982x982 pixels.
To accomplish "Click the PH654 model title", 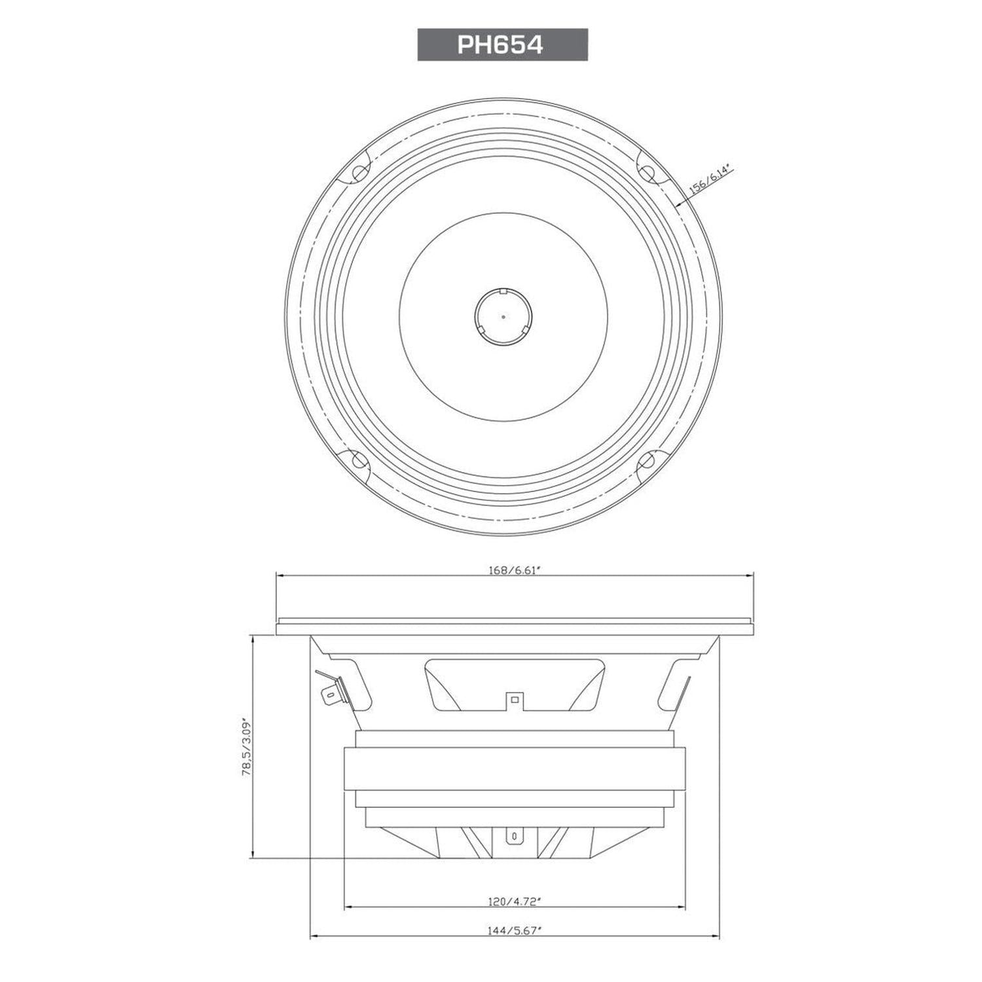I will tap(502, 45).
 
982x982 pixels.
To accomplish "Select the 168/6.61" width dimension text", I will tap(514, 570).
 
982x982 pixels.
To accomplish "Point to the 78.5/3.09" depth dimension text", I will tap(247, 746).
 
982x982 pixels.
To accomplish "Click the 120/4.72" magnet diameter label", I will tap(514, 901).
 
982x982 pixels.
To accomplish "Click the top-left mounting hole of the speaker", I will tap(359, 173).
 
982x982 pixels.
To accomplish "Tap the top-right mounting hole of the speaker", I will tap(646, 173).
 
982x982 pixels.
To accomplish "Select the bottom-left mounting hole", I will tap(359, 460).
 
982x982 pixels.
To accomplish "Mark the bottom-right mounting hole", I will tap(646, 460).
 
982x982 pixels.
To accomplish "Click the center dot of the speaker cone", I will tap(503, 317).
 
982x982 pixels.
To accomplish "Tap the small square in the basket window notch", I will tap(515, 700).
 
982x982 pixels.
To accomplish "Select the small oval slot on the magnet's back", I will tap(515, 836).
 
